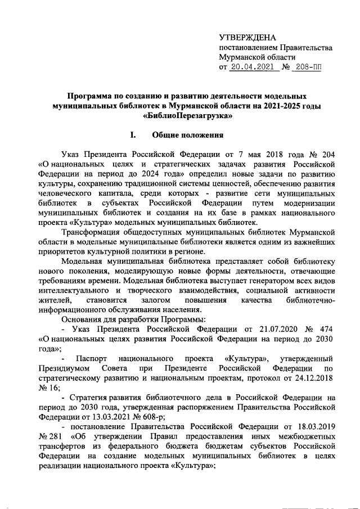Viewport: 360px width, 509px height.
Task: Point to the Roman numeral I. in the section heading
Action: point(133,135)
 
